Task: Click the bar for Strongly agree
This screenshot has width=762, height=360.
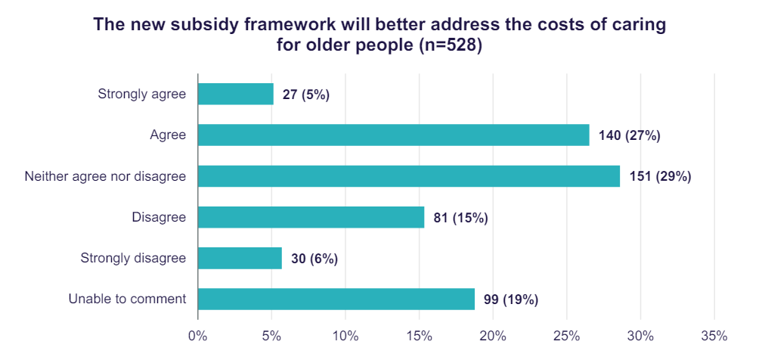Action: pos(235,94)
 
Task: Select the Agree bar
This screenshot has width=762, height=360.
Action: pos(393,135)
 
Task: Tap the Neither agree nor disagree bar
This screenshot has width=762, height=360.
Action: pos(408,176)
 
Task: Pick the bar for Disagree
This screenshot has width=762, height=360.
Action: pos(311,217)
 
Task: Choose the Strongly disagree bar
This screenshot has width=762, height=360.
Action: pos(240,258)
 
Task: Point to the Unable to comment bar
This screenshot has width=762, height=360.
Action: pos(336,299)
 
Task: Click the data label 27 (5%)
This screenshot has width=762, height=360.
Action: pos(306,95)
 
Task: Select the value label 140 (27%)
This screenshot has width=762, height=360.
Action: pos(629,135)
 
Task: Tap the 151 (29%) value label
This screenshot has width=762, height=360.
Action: pos(660,176)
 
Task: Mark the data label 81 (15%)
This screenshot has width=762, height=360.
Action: pos(460,218)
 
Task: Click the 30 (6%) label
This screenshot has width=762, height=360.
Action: pos(314,259)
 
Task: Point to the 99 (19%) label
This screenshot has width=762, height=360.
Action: pos(510,299)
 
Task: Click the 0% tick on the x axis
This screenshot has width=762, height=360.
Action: pos(198,335)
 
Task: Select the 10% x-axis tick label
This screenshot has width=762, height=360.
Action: pos(345,335)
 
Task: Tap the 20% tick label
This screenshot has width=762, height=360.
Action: pos(493,335)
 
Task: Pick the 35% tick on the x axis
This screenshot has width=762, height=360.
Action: pos(714,335)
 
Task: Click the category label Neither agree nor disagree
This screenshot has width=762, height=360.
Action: pos(105,176)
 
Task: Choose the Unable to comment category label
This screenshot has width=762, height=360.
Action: pos(127,299)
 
